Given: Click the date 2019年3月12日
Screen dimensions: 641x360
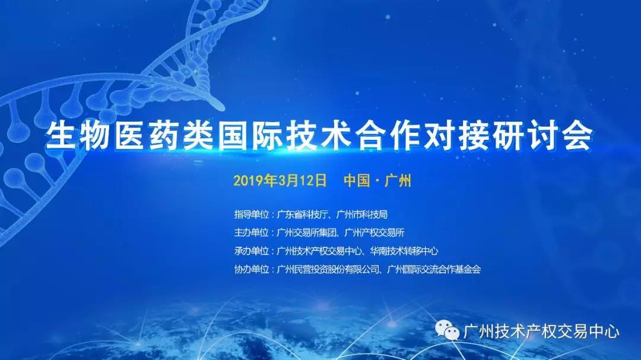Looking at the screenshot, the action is click(x=280, y=180).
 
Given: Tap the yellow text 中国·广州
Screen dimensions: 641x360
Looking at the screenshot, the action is click(x=377, y=180).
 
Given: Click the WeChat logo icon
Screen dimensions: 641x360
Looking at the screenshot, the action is click(x=447, y=330).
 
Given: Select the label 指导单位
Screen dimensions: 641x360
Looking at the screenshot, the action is click(x=252, y=215).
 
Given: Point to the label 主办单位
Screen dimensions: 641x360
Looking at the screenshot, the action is click(x=252, y=232).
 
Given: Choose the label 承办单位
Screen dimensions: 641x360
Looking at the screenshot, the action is click(x=252, y=251).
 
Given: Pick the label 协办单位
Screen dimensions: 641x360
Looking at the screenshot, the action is click(x=252, y=269).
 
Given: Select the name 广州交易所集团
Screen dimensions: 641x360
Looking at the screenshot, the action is click(x=307, y=232).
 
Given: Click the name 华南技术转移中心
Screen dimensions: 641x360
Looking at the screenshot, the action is click(x=404, y=251).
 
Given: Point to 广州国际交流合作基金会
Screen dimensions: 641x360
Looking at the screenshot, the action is click(x=434, y=269).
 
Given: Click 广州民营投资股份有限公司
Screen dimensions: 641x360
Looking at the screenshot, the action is click(x=329, y=269).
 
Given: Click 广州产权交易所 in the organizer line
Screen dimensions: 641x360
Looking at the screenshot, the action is click(x=374, y=232).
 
